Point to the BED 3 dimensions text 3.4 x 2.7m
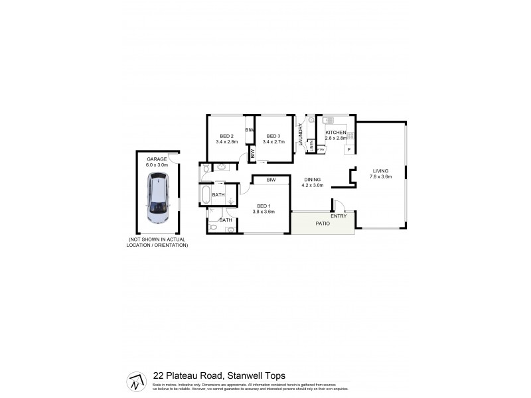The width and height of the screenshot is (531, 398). tap(274, 141)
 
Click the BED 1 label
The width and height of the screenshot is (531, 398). tap(263, 206)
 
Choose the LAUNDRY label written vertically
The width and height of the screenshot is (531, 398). tap(301, 135)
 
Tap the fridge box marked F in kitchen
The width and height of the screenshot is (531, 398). tap(348, 150)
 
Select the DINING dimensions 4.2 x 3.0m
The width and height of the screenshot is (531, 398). tap(313, 186)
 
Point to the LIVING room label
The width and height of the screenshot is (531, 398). tap(380, 171)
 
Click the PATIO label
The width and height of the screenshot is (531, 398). tap(323, 224)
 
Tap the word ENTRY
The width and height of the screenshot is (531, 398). tap(338, 216)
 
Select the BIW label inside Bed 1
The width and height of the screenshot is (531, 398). tap(271, 180)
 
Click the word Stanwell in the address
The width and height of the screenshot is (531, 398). tap(242, 375)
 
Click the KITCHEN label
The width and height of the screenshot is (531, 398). tap(335, 133)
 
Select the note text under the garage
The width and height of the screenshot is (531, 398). tap(158, 242)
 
